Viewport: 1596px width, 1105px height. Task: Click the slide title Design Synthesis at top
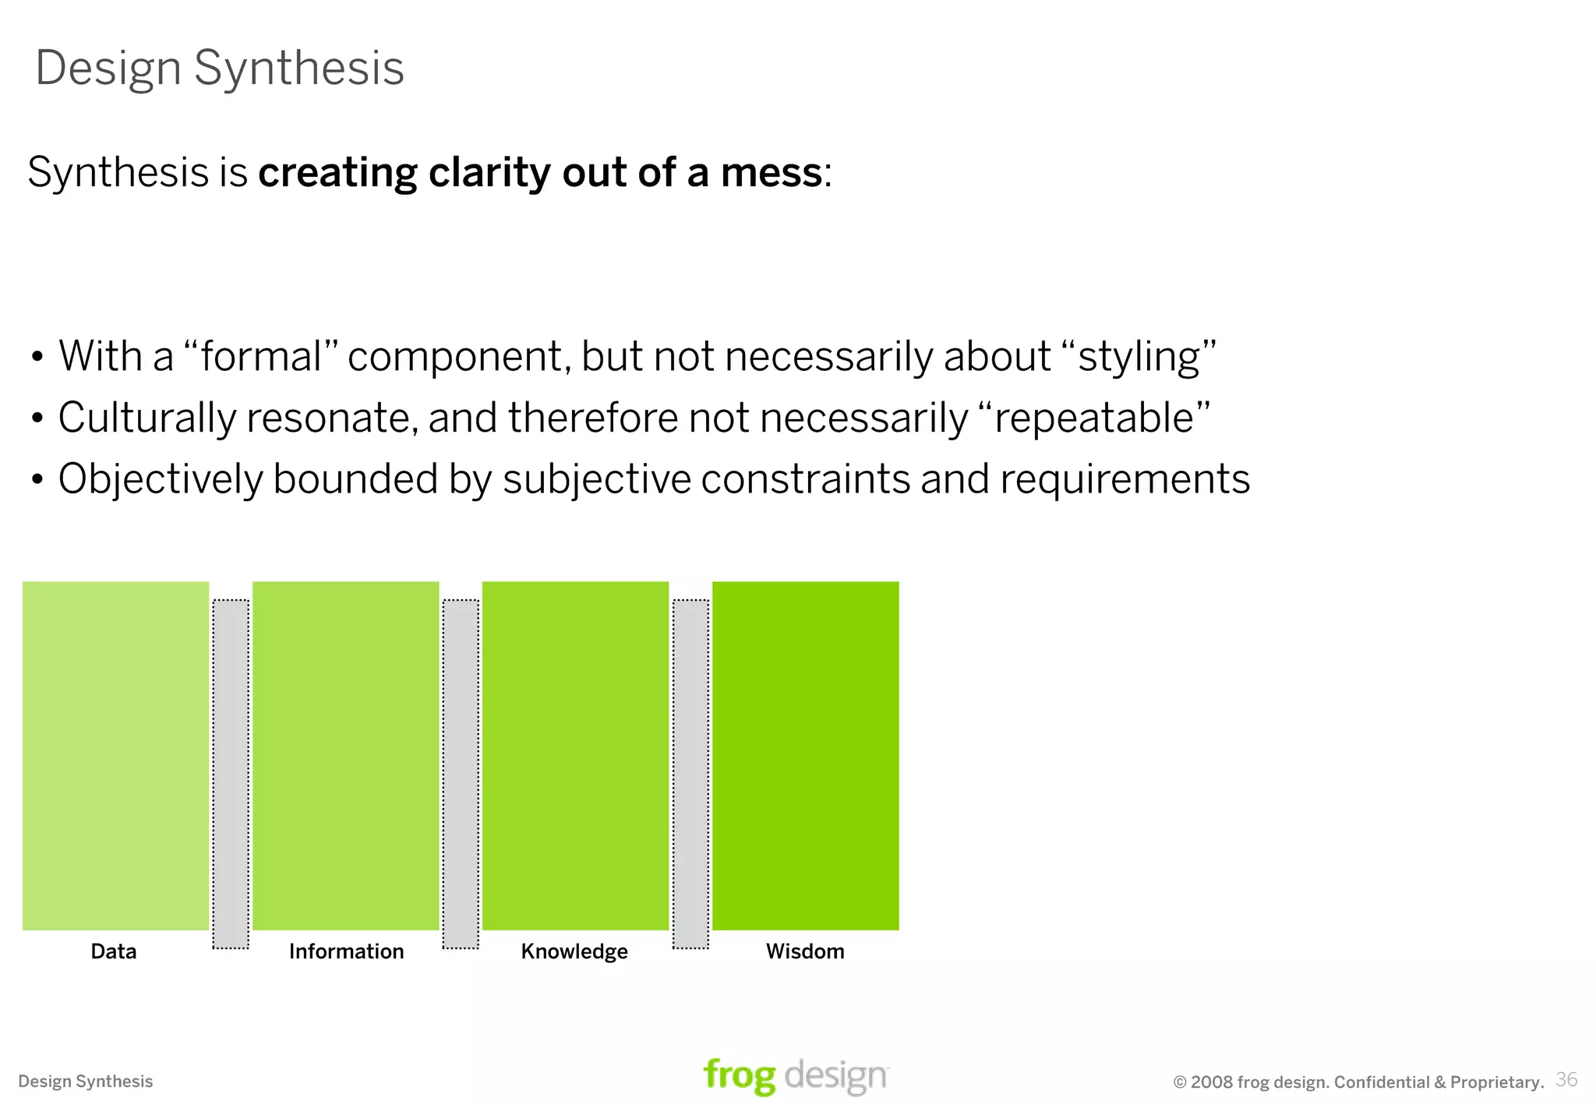[x=220, y=68]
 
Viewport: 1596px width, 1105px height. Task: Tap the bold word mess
[x=771, y=172]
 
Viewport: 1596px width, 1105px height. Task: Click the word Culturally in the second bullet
[x=147, y=418]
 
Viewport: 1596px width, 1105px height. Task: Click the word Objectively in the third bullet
[x=161, y=478]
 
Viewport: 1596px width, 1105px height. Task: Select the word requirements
[x=1125, y=478]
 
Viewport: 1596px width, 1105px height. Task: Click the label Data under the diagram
[x=114, y=951]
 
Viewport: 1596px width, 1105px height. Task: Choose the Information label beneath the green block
[x=346, y=951]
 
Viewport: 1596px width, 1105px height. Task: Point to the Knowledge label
[x=574, y=951]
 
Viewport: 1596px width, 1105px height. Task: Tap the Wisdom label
[x=805, y=951]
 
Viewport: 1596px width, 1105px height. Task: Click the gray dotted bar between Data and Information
[x=231, y=774]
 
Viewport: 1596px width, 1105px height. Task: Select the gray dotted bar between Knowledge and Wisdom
[x=690, y=774]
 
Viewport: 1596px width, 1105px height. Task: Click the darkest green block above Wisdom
[x=805, y=755]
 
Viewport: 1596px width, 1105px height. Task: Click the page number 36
[x=1566, y=1079]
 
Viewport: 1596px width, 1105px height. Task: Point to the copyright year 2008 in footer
[x=1212, y=1082]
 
